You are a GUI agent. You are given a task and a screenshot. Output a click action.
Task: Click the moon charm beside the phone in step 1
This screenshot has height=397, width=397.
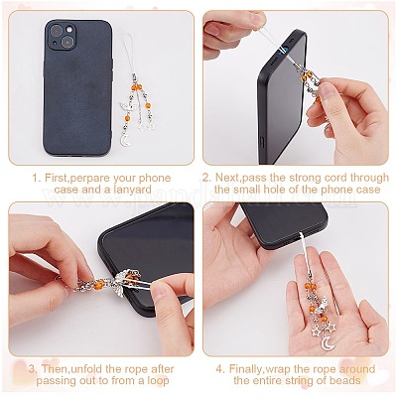[x=125, y=141]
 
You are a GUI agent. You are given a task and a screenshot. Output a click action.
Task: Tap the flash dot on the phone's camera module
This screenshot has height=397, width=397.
[x=69, y=30]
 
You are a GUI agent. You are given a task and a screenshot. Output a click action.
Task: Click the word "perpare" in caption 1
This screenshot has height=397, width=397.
[x=90, y=178]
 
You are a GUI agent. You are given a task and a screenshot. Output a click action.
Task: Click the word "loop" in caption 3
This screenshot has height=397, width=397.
[x=157, y=381]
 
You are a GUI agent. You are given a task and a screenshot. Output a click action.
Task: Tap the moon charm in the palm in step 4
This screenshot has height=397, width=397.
[x=326, y=343]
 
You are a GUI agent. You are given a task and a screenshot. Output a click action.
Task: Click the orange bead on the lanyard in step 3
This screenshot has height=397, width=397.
[x=98, y=284]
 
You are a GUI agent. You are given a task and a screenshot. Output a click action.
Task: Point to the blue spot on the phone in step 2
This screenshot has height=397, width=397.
[x=282, y=51]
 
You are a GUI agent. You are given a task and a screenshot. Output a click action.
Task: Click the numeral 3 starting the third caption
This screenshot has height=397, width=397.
[x=32, y=369]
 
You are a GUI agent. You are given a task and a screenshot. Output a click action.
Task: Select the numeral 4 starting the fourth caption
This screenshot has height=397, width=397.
[x=220, y=369]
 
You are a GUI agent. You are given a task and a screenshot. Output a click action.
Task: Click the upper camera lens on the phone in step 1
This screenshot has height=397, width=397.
[x=57, y=31]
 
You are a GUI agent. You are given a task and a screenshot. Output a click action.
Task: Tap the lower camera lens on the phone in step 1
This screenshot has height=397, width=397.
[x=68, y=43]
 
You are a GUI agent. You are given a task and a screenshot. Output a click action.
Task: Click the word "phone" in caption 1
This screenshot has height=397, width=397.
[x=155, y=178]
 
